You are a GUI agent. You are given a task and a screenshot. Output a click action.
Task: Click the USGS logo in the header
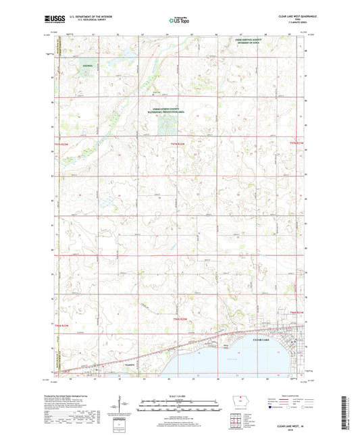51,20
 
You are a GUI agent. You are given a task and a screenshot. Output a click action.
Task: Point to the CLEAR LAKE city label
260,349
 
